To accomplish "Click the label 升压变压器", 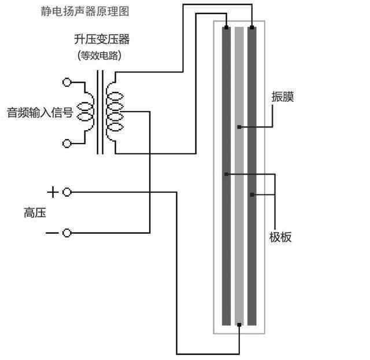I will pyautogui.click(x=101, y=39).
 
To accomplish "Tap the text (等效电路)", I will pyautogui.click(x=102, y=56).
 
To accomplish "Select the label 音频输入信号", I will pyautogui.click(x=39, y=112).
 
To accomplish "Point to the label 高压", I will pyautogui.click(x=35, y=213).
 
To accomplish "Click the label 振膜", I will pyautogui.click(x=283, y=97).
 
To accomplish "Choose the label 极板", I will pyautogui.click(x=280, y=237).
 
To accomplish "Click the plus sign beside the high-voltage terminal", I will pyautogui.click(x=52, y=192).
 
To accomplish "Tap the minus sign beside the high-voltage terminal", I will pyautogui.click(x=52, y=233).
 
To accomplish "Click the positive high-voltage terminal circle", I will pyautogui.click(x=67, y=192).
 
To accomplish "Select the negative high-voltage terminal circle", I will pyautogui.click(x=67, y=233).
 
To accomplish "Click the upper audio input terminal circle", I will pyautogui.click(x=67, y=82).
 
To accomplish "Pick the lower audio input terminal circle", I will pyautogui.click(x=67, y=143).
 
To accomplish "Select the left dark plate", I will pyautogui.click(x=226, y=260).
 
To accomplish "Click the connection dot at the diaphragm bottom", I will pyautogui.click(x=239, y=325).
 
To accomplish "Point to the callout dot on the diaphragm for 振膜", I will pyautogui.click(x=239, y=127).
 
